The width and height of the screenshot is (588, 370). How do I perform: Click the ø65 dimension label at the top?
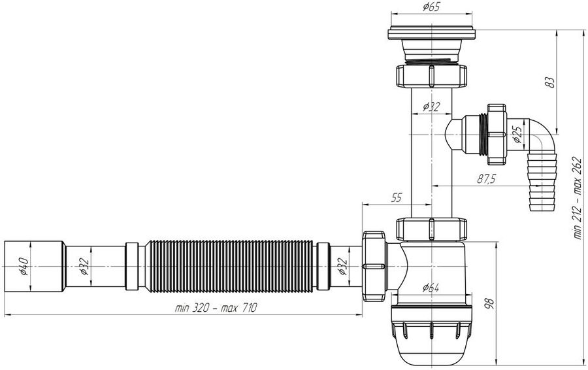pos(431,7)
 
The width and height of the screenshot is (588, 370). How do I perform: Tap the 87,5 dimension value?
pos(486,179)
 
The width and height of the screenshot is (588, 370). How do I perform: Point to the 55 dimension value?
pos(396,198)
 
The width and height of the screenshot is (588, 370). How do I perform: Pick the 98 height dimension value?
pos(489,303)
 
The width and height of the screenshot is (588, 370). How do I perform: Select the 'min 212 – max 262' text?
pos(578,198)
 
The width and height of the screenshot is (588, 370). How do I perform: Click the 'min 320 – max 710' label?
pos(216,308)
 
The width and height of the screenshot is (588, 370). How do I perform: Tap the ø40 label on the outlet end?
pos(24,266)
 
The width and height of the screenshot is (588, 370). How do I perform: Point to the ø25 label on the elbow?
pos(517,135)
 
